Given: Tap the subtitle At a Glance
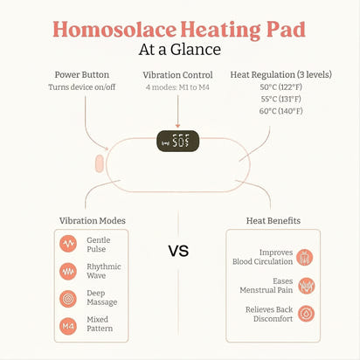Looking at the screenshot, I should (x=179, y=49).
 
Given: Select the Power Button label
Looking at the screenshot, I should (x=82, y=74).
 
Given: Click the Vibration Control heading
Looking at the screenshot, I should (x=178, y=74).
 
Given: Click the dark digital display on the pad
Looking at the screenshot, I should (x=177, y=141).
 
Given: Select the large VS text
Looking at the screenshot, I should (x=179, y=252).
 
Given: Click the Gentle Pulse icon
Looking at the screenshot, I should (x=68, y=243).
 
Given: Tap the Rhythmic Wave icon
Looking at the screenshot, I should (x=68, y=271).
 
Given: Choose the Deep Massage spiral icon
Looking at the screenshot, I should (x=68, y=298).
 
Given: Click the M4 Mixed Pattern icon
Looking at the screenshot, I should (x=68, y=326).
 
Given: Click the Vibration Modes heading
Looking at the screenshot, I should (x=92, y=220).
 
